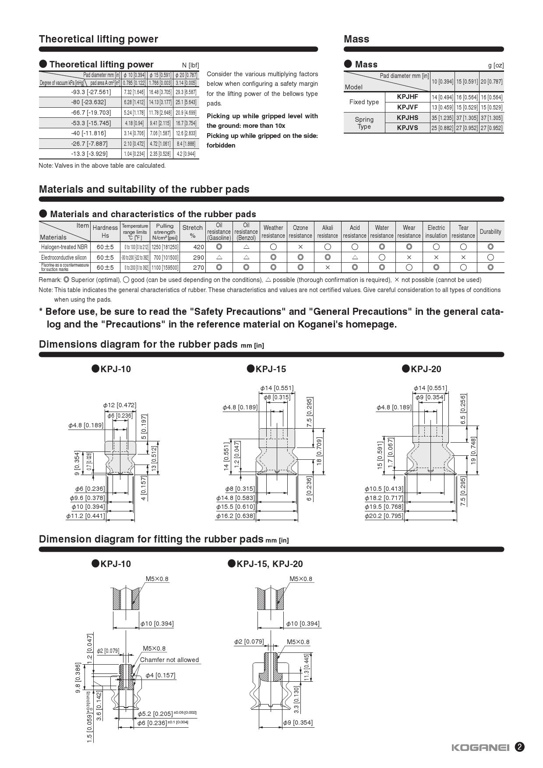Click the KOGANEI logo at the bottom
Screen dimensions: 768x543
click(x=480, y=747)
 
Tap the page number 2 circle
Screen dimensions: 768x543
click(x=519, y=747)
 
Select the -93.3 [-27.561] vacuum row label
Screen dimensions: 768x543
click(x=91, y=92)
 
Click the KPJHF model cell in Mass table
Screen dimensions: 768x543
click(x=407, y=97)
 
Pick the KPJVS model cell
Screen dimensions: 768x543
click(x=407, y=128)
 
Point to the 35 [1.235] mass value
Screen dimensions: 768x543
click(x=442, y=118)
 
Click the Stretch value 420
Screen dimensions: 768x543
click(x=198, y=247)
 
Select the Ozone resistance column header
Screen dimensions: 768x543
click(x=300, y=232)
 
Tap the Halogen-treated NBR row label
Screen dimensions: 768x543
click(x=64, y=247)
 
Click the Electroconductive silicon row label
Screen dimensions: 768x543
click(x=64, y=257)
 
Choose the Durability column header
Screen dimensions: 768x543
click(x=490, y=232)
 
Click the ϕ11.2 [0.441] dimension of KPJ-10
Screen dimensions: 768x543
click(x=86, y=516)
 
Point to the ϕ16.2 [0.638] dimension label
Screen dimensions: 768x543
click(x=236, y=516)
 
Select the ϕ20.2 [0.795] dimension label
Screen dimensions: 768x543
click(x=384, y=516)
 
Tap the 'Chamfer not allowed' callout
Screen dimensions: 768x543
click(x=169, y=660)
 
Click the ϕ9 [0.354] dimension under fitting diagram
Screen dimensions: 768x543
click(x=298, y=722)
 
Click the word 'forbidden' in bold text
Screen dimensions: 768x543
click(x=221, y=145)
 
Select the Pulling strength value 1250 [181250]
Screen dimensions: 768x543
click(x=165, y=247)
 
